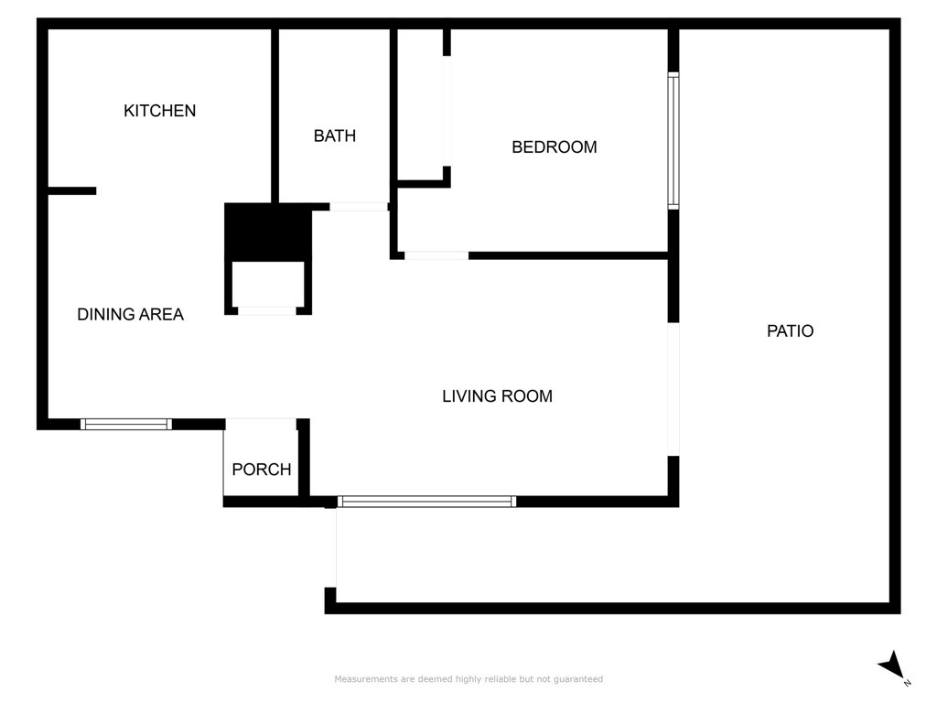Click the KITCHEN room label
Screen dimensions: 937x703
pyautogui.click(x=159, y=111)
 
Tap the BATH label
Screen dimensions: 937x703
pyautogui.click(x=335, y=135)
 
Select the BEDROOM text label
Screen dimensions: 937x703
pyautogui.click(x=554, y=147)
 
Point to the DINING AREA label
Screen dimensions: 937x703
pyautogui.click(x=130, y=315)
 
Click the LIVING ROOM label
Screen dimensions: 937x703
pyautogui.click(x=497, y=395)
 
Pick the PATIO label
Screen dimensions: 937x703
pyautogui.click(x=790, y=331)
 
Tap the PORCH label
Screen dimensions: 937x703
pyautogui.click(x=262, y=470)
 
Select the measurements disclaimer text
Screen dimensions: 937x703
pyautogui.click(x=468, y=679)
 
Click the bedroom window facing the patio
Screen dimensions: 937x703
pyautogui.click(x=673, y=140)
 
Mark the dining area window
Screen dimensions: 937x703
pyautogui.click(x=126, y=425)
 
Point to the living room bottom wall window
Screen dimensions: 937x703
pyautogui.click(x=426, y=502)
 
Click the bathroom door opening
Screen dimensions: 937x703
pyautogui.click(x=359, y=207)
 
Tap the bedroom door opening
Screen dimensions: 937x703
pyautogui.click(x=436, y=256)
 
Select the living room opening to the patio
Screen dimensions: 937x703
pyautogui.click(x=673, y=389)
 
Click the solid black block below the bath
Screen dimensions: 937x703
pyautogui.click(x=268, y=232)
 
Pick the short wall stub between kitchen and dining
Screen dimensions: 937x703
pyautogui.click(x=71, y=190)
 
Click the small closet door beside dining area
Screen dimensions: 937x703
pyautogui.click(x=266, y=311)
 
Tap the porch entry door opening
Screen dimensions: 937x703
pyautogui.click(x=261, y=423)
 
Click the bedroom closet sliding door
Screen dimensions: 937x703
pyautogui.click(x=447, y=111)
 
